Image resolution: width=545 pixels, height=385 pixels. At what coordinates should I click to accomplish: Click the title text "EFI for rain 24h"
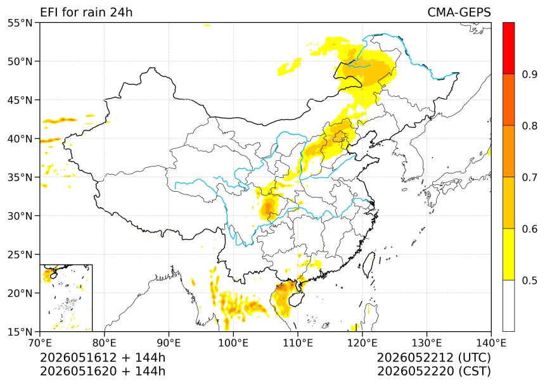pos(86,12)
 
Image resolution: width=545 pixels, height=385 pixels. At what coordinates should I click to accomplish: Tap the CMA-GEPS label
pos(459,12)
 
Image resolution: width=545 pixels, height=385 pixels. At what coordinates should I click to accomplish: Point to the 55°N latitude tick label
pos(20,23)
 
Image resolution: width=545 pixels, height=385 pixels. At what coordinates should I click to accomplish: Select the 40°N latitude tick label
pos(20,139)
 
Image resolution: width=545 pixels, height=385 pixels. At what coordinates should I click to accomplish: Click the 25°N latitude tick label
pos(20,255)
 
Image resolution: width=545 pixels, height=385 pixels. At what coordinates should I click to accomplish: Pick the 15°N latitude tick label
pos(20,332)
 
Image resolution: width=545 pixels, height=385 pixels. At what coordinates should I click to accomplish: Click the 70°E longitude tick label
pos(40,343)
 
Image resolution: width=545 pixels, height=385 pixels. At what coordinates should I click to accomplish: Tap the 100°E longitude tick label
pos(233,343)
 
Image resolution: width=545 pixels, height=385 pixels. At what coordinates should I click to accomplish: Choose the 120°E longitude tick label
pos(362,343)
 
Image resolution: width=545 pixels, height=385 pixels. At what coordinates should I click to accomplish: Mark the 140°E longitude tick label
pos(491,343)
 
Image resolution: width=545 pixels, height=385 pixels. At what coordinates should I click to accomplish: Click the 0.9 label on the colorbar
pos(530,74)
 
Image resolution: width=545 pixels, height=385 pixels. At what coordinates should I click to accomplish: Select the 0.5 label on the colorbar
pos(530,281)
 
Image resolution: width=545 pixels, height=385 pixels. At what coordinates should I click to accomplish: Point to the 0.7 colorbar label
pos(530,177)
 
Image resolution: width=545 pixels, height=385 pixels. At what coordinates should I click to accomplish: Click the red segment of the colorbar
pos(508,48)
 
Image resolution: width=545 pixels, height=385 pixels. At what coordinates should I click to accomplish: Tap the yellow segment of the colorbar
pos(508,254)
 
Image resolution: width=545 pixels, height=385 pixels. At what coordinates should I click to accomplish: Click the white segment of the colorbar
pos(508,305)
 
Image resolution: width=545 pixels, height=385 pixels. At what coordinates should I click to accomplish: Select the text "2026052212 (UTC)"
pos(433,357)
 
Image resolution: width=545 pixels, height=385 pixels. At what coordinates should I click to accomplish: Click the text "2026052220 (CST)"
pos(433,371)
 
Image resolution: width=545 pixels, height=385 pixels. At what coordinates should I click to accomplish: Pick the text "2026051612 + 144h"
pos(103,357)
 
